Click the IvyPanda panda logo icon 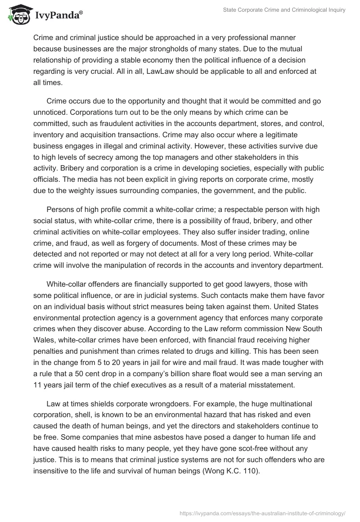(17, 14)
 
